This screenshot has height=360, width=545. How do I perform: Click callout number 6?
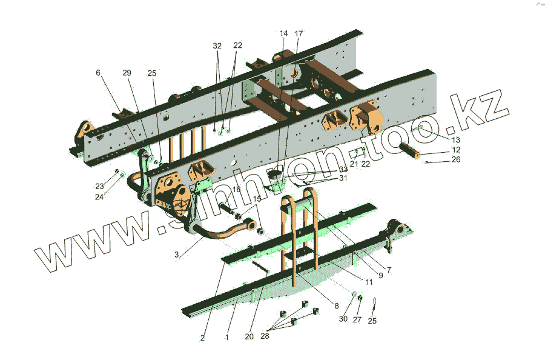pyautogui.click(x=98, y=73)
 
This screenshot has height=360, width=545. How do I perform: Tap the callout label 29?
pyautogui.click(x=127, y=73)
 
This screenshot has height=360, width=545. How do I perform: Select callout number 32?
pyautogui.click(x=217, y=45)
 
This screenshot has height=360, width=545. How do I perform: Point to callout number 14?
pyautogui.click(x=284, y=33)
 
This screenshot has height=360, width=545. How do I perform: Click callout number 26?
pyautogui.click(x=456, y=160)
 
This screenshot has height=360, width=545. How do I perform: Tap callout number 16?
pyautogui.click(x=236, y=190)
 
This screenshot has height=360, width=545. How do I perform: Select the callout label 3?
pyautogui.click(x=176, y=255)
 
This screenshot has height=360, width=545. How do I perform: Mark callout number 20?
pyautogui.click(x=249, y=337)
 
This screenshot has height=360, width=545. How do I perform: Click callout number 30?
pyautogui.click(x=343, y=319)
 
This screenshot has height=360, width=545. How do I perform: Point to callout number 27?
pyautogui.click(x=357, y=319)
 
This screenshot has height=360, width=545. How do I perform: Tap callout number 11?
pyautogui.click(x=368, y=282)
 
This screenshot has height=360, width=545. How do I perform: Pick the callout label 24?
pyautogui.click(x=99, y=196)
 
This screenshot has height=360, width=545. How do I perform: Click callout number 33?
pyautogui.click(x=343, y=169)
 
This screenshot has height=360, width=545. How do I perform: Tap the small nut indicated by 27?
pyautogui.click(x=360, y=298)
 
